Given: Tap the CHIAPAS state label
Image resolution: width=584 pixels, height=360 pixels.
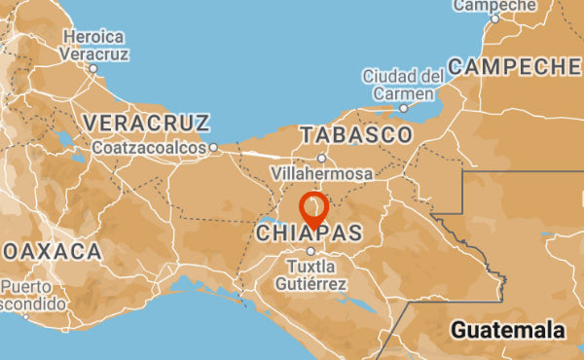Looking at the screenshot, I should point(309,234).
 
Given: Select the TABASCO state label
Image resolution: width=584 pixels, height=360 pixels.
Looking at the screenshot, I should point(357,134).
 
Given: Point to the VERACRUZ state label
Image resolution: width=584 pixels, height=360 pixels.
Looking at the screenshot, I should point(147,123).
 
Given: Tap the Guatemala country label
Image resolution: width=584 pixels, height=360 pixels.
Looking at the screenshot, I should point(508,330).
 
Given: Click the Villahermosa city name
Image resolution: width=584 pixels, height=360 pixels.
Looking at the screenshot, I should point(321,173).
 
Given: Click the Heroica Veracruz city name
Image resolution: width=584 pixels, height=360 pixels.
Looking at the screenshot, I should point(93,45).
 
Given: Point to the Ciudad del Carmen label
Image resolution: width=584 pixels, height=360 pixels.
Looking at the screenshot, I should point(402,85).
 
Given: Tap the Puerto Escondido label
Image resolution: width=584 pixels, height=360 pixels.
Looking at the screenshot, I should point(31,295).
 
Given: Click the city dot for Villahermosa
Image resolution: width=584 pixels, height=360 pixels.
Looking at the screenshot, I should point(321,158).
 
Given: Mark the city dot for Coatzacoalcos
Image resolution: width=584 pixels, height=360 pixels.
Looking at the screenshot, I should point(213,148).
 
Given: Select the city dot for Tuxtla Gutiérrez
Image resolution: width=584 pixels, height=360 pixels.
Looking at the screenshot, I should point(310,251).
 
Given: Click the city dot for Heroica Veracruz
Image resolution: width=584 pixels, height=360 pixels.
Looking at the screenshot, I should point(92,68).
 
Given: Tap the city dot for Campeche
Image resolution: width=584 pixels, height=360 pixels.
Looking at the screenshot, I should point(494,18).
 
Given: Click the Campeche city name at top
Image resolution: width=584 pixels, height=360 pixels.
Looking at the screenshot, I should point(494,6).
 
